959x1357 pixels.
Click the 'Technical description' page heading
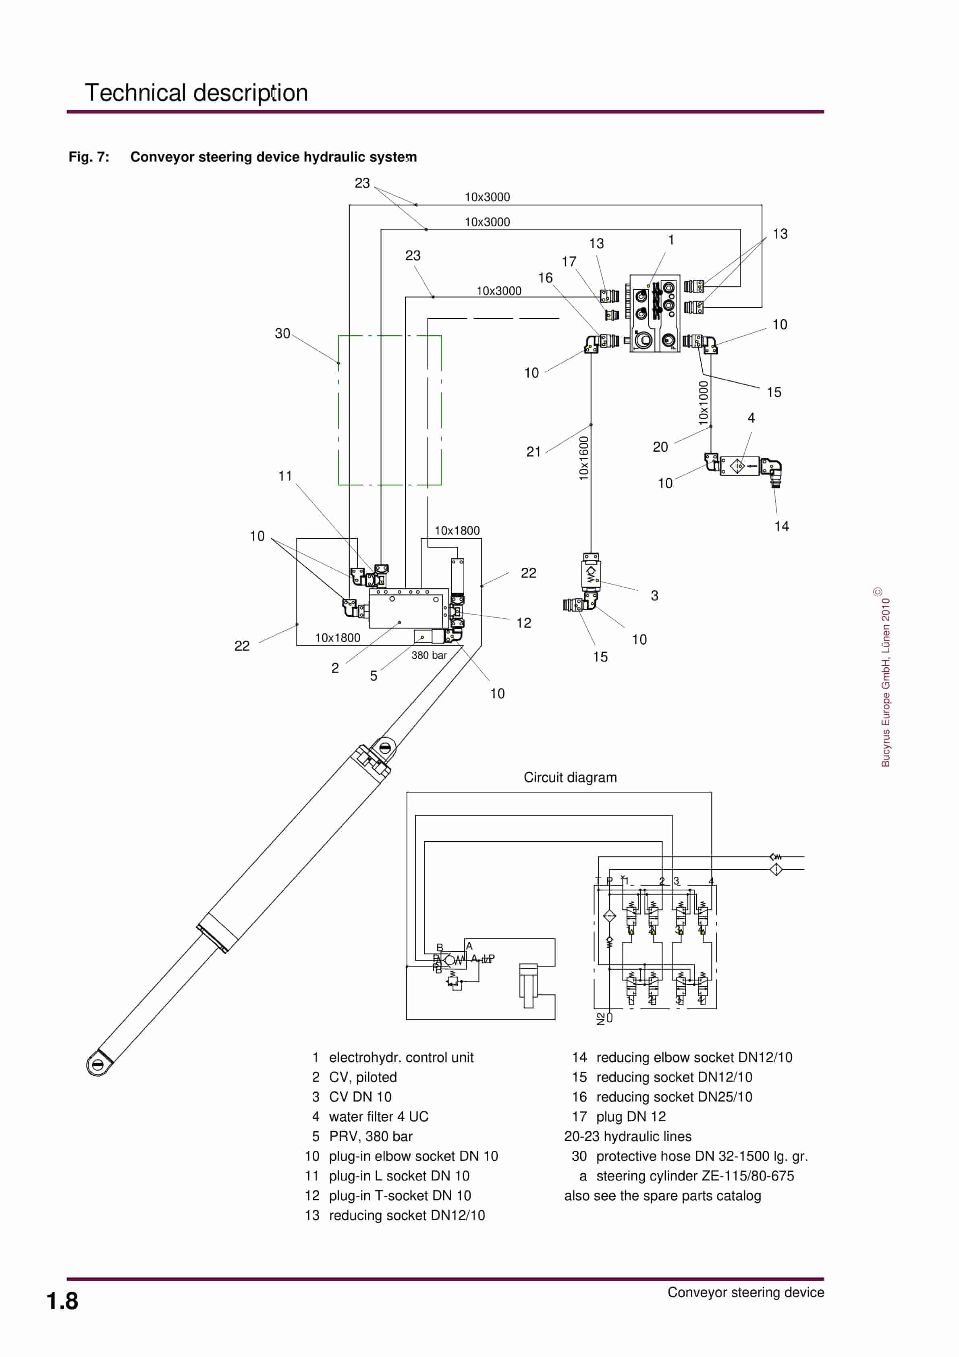point(196,93)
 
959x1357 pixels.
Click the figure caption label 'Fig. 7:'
point(89,157)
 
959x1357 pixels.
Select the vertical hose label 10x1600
point(583,458)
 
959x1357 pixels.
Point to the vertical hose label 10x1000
point(703,403)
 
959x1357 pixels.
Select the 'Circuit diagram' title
point(570,777)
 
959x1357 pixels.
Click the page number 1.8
point(62,1301)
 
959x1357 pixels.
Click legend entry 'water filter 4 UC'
point(378,1116)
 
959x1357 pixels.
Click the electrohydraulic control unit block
point(654,313)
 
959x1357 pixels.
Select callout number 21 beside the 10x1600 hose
point(533,452)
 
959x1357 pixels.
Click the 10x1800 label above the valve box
point(457,530)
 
